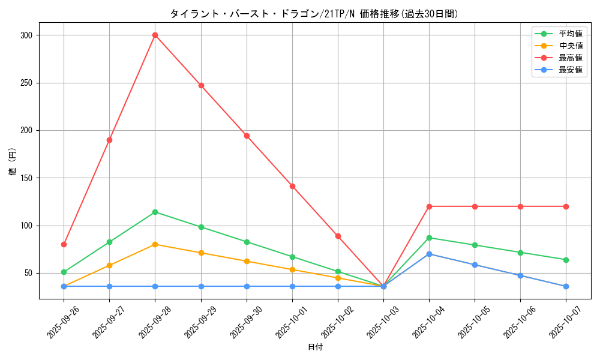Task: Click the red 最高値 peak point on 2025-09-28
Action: (155, 35)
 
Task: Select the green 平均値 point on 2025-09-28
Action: (155, 212)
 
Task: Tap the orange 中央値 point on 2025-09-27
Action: (109, 265)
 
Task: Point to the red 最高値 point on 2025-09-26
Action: (64, 244)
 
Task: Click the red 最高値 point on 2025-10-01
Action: (292, 186)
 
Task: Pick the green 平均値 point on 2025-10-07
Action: (566, 260)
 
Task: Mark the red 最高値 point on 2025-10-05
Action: (475, 206)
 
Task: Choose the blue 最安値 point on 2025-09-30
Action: (247, 286)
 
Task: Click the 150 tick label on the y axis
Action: (26, 178)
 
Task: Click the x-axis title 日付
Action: (315, 347)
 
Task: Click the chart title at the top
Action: (314, 14)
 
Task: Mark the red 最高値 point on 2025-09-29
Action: (201, 85)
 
